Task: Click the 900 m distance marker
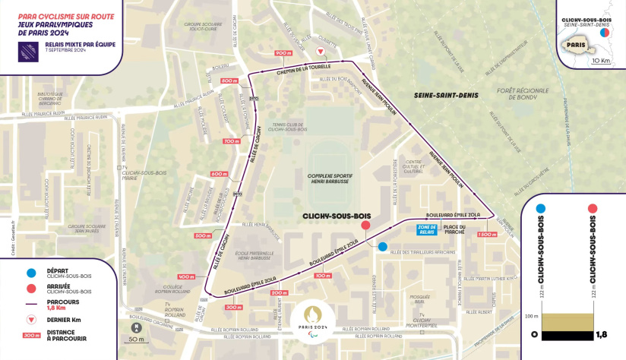283,52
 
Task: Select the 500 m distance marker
202,236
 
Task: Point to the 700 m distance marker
231,141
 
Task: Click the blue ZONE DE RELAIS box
428,229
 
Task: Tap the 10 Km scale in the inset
600,60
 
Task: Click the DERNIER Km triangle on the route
321,52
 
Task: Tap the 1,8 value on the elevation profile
600,334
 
